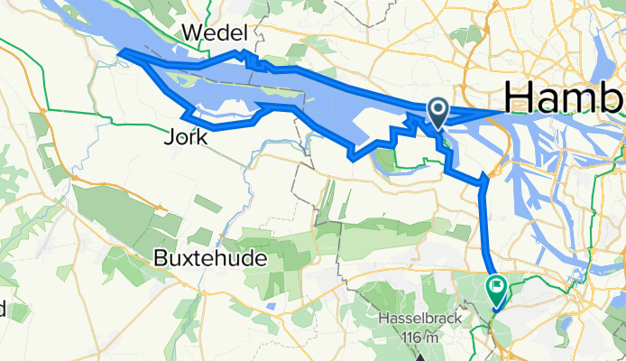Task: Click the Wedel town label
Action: (x=214, y=33)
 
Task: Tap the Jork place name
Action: (x=186, y=138)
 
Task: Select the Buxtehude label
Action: (x=209, y=257)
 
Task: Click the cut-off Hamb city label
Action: (x=564, y=96)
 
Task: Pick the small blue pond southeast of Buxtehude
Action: (x=271, y=304)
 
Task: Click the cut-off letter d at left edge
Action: (x=3, y=310)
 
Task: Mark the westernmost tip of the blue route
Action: (x=121, y=52)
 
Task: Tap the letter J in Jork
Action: (x=170, y=138)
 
